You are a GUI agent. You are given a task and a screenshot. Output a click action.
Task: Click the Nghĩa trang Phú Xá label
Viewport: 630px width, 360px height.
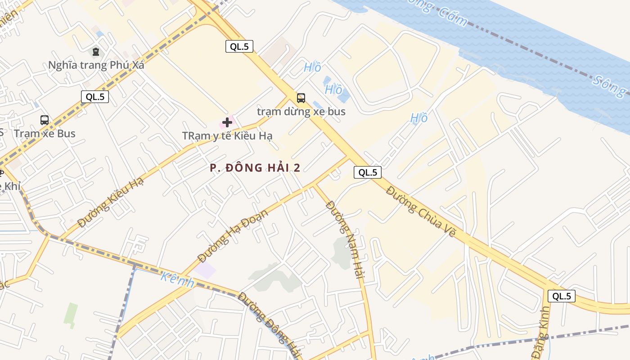(x=96, y=65)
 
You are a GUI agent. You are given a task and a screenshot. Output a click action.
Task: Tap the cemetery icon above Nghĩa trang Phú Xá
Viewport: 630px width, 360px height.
(x=96, y=52)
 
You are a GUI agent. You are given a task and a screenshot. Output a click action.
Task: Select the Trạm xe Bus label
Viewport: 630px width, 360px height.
(x=45, y=134)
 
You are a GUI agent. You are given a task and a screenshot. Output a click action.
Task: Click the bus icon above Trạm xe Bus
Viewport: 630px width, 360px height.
(x=45, y=120)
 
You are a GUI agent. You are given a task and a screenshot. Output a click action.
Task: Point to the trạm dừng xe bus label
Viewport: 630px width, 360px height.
(x=301, y=111)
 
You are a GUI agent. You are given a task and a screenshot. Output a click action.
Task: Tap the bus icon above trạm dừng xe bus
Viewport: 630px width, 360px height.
(x=301, y=98)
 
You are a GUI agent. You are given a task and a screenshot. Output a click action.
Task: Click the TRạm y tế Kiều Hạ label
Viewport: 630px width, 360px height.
(x=227, y=135)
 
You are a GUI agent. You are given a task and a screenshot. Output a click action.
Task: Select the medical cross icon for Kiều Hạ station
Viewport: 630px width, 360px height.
(x=227, y=122)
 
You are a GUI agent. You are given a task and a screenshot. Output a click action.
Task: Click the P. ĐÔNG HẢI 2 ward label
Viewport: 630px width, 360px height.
(x=255, y=168)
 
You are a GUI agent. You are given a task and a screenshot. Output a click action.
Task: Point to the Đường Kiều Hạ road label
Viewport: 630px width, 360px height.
(x=110, y=202)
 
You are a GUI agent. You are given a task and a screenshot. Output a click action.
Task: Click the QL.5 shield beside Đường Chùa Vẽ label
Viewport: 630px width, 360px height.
(x=368, y=172)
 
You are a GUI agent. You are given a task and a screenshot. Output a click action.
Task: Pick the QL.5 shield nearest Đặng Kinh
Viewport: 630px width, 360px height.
(x=562, y=296)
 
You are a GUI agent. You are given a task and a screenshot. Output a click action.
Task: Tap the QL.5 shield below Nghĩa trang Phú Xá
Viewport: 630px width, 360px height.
(x=95, y=96)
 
